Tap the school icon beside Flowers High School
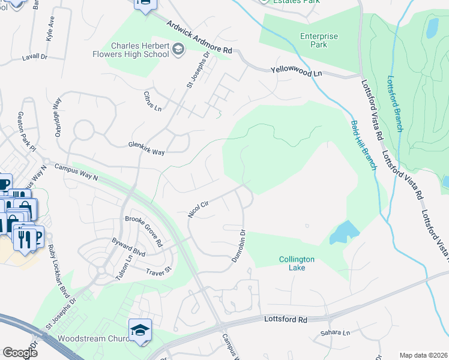coord(178,49)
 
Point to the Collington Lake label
coord(297,263)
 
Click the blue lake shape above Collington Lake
coord(344,232)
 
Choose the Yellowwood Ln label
coord(297,71)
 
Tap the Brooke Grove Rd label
coord(143,231)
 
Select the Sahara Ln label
coord(335,332)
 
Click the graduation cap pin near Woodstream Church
coord(140,331)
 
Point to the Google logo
coord(20,353)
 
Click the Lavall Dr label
coord(34,56)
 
